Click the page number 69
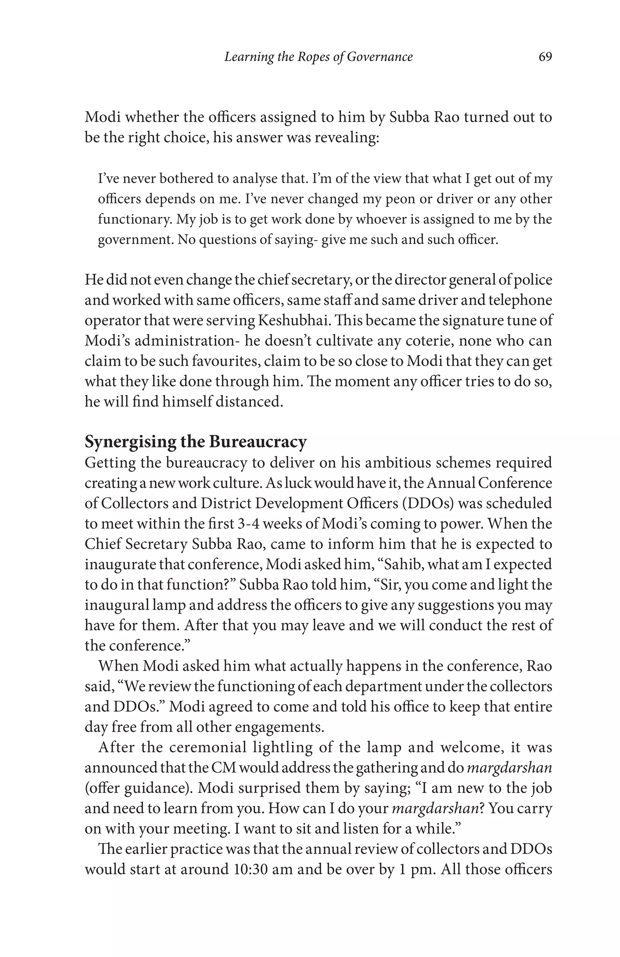[545, 57]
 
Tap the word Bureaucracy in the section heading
[258, 442]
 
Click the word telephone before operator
[523, 300]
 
